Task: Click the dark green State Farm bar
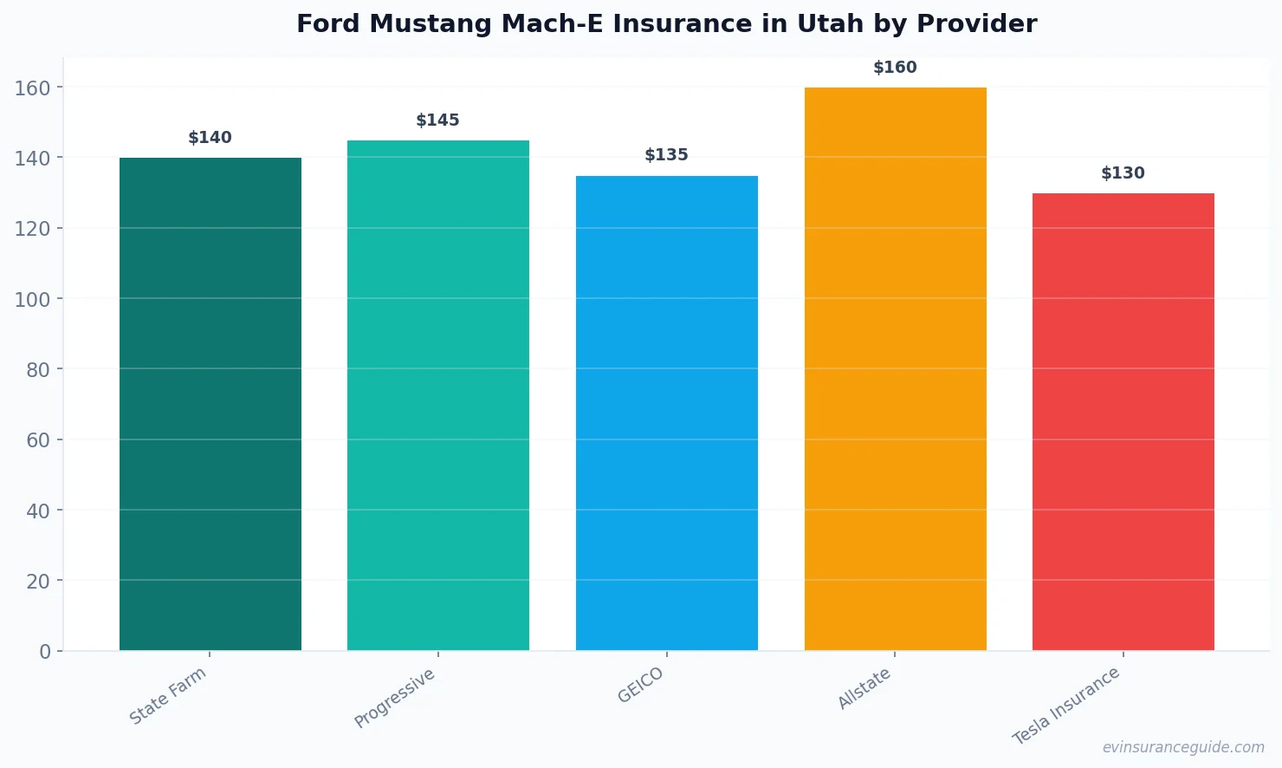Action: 210,404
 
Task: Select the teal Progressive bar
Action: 438,395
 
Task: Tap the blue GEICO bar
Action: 667,413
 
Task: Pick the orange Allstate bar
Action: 895,368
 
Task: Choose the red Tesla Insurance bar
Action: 1123,421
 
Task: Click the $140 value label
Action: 210,138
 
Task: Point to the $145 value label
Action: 438,120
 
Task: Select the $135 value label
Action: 667,155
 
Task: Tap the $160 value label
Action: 895,68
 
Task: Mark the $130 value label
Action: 1123,173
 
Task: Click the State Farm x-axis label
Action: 168,695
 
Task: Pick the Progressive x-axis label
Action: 395,698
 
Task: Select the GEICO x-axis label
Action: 641,685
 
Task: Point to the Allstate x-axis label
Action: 864,689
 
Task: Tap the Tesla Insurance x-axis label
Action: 1066,706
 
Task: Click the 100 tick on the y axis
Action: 32,299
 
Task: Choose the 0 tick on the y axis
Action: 45,652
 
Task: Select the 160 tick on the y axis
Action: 32,88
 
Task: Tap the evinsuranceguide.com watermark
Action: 1183,747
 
